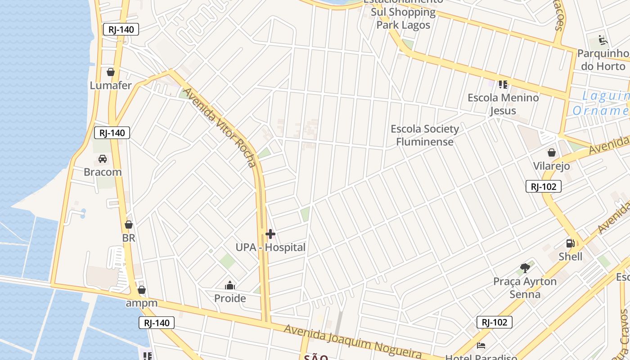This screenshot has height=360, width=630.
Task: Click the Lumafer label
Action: pyautogui.click(x=111, y=85)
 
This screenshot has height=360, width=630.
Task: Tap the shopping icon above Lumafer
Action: pyautogui.click(x=111, y=72)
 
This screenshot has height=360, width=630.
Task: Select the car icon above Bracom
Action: pyautogui.click(x=103, y=159)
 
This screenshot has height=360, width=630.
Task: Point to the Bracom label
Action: pyautogui.click(x=103, y=172)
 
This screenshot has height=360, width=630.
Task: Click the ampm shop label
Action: pyautogui.click(x=141, y=303)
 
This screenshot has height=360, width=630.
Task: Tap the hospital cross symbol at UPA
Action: pyautogui.click(x=270, y=234)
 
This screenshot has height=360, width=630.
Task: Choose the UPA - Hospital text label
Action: pyautogui.click(x=270, y=247)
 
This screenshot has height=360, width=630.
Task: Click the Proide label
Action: pyautogui.click(x=230, y=298)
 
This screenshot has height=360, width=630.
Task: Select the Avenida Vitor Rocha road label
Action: pyautogui.click(x=220, y=127)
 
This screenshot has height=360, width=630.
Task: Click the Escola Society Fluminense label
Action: pyautogui.click(x=425, y=135)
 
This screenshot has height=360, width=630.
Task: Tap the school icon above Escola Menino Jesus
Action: pyautogui.click(x=503, y=84)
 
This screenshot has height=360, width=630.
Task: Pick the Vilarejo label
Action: pyautogui.click(x=551, y=166)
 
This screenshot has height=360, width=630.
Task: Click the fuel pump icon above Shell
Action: pyautogui.click(x=570, y=243)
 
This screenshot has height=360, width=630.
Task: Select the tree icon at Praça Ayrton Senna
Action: pyautogui.click(x=525, y=268)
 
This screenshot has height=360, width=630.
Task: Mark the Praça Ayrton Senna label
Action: pyautogui.click(x=525, y=288)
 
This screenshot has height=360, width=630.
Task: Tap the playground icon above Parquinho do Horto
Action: pyautogui.click(x=603, y=40)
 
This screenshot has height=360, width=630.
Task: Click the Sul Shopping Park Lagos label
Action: pyautogui.click(x=403, y=18)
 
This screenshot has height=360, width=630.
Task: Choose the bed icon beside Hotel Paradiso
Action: pyautogui.click(x=481, y=346)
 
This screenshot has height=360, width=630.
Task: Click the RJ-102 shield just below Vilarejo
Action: pyautogui.click(x=544, y=186)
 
